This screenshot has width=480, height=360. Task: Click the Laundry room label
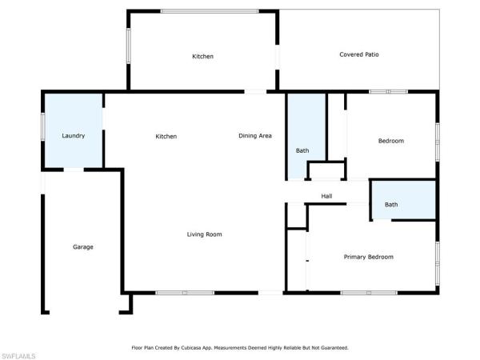tap(73, 136)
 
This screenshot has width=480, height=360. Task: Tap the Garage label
tap(83, 246)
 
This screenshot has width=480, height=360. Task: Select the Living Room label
tap(205, 234)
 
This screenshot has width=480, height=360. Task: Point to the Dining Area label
tap(255, 136)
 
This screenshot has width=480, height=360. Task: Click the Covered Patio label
tap(359, 54)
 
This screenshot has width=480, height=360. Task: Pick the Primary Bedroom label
tap(369, 257)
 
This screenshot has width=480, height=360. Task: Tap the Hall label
tap(326, 196)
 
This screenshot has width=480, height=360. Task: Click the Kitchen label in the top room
tap(202, 56)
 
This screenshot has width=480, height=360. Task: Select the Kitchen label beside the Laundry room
tap(166, 136)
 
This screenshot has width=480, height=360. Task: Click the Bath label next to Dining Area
tap(302, 150)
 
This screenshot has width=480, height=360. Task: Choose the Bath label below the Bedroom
tap(391, 205)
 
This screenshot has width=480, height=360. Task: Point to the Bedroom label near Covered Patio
tap(391, 141)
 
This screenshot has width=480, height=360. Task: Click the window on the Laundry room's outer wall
tap(43, 126)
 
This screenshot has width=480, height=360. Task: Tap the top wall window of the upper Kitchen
tap(210, 11)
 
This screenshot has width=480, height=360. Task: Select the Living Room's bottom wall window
tap(185, 293)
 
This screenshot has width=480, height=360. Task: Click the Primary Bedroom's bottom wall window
tap(369, 293)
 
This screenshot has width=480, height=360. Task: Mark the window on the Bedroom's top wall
tap(388, 91)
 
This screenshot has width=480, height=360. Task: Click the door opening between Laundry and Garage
tap(74, 170)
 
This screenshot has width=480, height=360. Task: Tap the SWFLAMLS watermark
tap(18, 356)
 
